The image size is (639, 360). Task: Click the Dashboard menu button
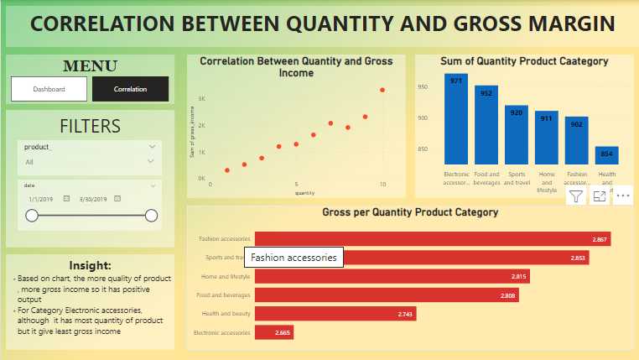(49, 89)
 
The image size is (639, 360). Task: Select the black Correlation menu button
(130, 89)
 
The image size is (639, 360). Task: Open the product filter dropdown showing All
(90, 162)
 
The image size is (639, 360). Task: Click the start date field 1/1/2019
(40, 199)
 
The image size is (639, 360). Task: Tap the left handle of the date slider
(32, 216)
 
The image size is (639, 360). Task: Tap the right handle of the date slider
(152, 216)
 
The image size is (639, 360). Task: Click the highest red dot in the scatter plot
(382, 90)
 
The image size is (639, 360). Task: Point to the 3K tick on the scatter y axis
(201, 99)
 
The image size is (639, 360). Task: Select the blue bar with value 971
(456, 119)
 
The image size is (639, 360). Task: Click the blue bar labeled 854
(607, 155)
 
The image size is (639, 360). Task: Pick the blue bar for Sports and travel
(517, 134)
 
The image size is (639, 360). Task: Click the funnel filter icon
(576, 196)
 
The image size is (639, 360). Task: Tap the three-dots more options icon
(622, 196)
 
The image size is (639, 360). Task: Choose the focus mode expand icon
(599, 196)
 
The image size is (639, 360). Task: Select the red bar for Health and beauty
(335, 313)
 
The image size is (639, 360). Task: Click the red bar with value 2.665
(274, 332)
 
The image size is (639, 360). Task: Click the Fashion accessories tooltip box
(294, 258)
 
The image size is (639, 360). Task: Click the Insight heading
(90, 265)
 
